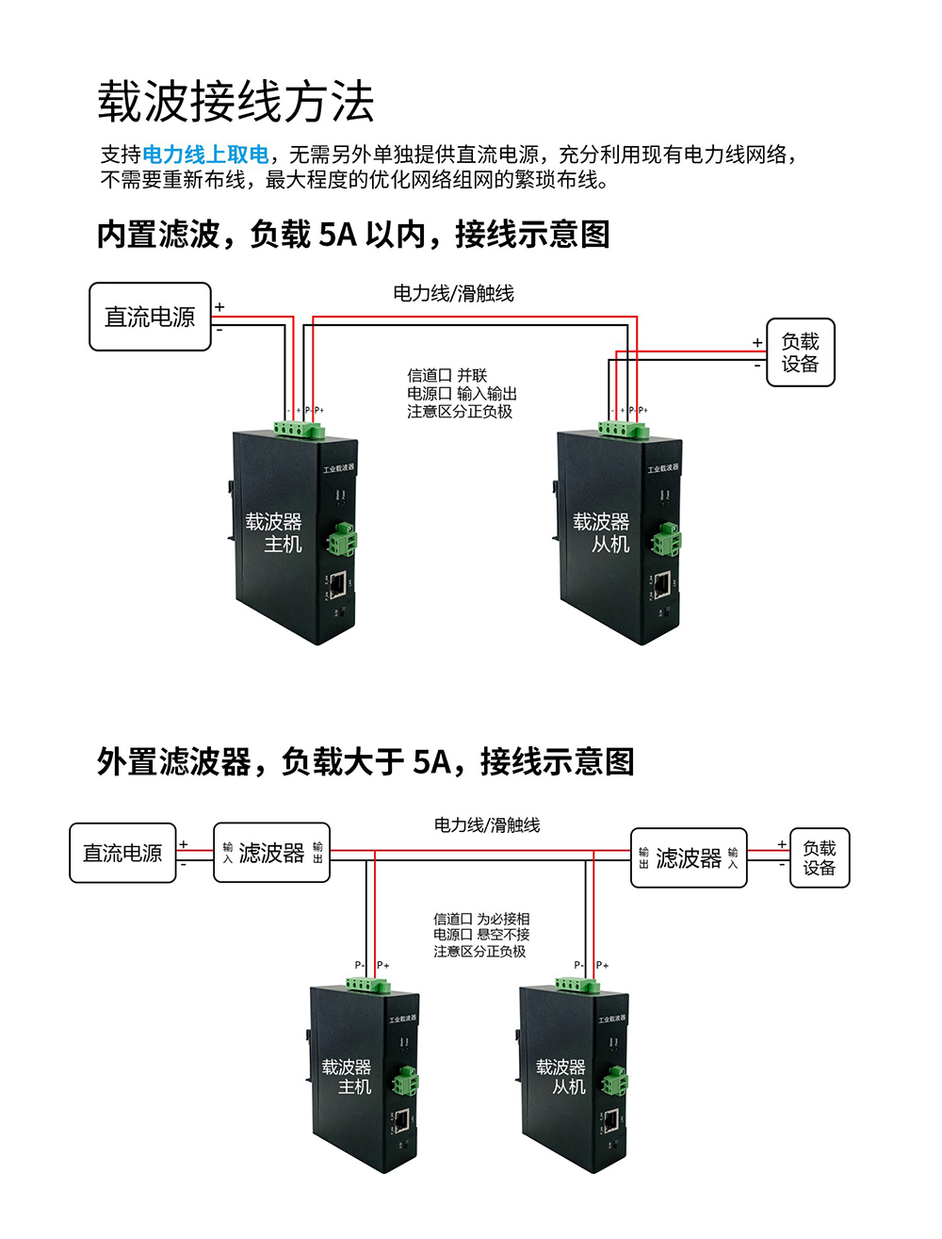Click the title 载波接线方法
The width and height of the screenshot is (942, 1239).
(235, 102)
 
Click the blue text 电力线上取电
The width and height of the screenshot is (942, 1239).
(205, 155)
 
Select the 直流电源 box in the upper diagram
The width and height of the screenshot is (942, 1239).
(150, 317)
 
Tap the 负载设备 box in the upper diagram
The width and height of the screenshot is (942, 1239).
(800, 352)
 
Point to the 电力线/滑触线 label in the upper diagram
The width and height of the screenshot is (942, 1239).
(453, 293)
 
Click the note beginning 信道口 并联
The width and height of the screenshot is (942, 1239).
(462, 393)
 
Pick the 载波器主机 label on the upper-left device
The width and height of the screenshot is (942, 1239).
(274, 532)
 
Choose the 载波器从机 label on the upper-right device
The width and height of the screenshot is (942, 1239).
(601, 532)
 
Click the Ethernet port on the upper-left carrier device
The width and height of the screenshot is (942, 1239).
(337, 585)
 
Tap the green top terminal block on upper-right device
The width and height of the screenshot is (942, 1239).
(624, 431)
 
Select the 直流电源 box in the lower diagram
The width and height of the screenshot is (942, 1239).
(122, 853)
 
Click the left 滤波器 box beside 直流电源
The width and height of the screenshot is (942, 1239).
(271, 853)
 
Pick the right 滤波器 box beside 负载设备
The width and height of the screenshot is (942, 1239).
(688, 857)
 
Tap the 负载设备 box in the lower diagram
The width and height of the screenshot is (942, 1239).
(819, 857)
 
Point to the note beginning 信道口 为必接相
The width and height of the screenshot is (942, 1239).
(481, 935)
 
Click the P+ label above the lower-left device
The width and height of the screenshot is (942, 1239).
(382, 965)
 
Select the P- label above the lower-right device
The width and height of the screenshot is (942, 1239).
(579, 965)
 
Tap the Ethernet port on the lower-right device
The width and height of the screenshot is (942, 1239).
(611, 1120)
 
